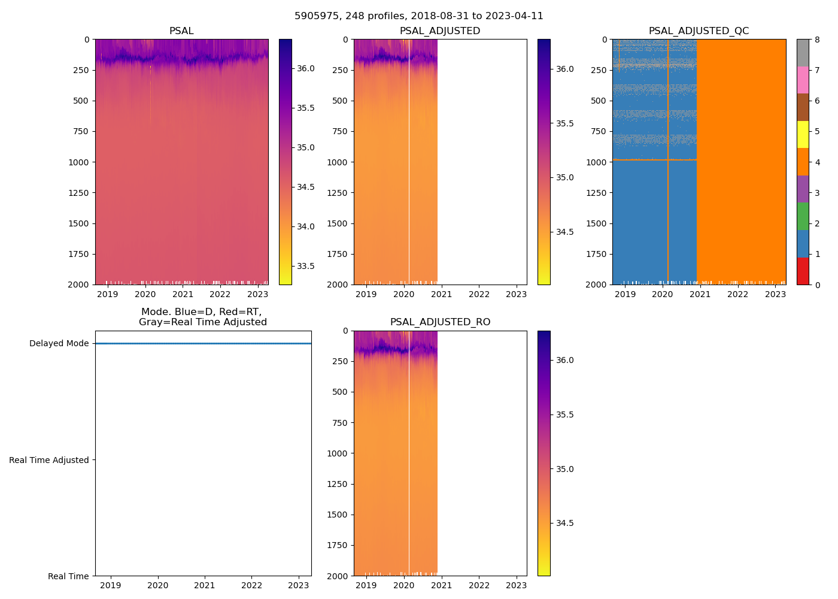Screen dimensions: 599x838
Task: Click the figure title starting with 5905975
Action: point(418,16)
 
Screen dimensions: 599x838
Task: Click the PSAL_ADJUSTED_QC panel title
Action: point(699,31)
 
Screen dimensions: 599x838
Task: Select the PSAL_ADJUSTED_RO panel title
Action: point(440,322)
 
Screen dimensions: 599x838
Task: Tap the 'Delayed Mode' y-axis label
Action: point(59,343)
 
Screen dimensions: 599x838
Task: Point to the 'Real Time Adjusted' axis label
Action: point(49,460)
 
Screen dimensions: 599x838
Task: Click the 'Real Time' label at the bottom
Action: point(68,576)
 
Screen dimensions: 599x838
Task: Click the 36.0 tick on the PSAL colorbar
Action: point(306,68)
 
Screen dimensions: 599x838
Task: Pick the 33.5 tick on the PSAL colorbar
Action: point(306,266)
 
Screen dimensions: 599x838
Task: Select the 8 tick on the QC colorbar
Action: point(817,40)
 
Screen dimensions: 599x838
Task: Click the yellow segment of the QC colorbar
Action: point(803,134)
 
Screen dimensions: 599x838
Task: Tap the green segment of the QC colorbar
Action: point(803,216)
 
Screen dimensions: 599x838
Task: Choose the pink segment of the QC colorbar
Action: point(803,80)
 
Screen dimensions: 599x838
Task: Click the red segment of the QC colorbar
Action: point(803,271)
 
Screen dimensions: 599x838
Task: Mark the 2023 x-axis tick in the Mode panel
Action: point(299,585)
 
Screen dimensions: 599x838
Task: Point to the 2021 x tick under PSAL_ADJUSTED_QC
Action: point(700,294)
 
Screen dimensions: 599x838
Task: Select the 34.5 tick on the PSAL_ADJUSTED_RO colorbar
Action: point(564,523)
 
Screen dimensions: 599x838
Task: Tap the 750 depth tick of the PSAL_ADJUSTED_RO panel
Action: point(339,423)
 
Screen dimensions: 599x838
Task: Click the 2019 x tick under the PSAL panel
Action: point(108,294)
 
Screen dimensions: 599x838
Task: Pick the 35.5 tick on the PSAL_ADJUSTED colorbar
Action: point(564,123)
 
